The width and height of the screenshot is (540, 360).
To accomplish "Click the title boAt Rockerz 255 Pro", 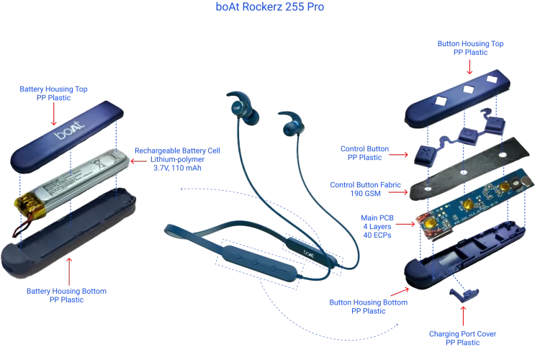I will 269,7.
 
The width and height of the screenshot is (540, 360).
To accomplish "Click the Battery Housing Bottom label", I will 66,295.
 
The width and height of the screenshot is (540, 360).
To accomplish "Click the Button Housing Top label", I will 470,48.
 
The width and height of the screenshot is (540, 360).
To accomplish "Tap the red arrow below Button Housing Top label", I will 469,67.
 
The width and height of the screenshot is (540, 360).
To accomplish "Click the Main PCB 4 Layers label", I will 375,226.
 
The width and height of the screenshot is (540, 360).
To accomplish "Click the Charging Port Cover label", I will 462,338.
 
